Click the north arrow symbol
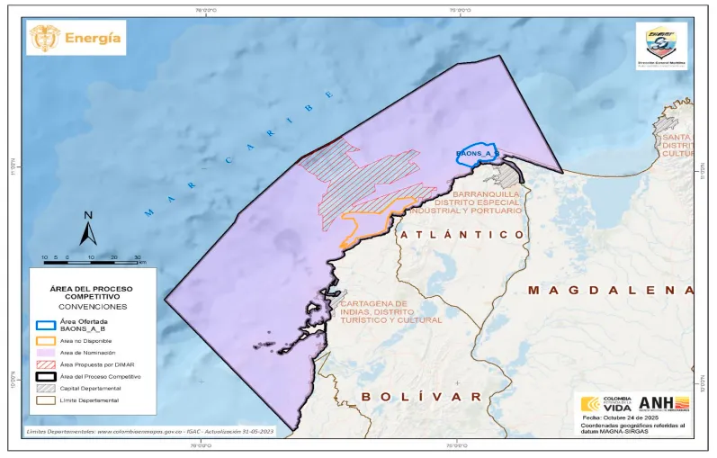click(88, 229)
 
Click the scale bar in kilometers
click(91, 260)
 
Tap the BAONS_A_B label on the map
click(475, 155)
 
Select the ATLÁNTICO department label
click(462, 234)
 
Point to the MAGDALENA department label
click(611, 290)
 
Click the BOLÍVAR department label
click(422, 396)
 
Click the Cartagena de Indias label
click(390, 311)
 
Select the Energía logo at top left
click(76, 38)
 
